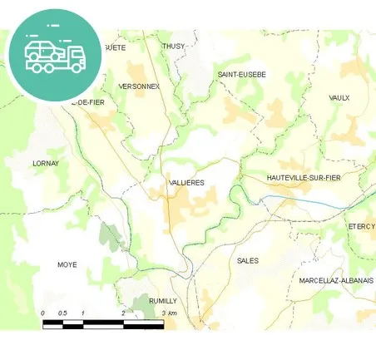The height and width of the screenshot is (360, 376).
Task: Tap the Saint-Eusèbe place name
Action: coord(241,74)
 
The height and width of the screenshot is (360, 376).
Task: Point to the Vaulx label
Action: coord(339,97)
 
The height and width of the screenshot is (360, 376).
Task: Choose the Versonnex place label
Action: coord(139,86)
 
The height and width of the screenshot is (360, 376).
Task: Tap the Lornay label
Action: coord(46,164)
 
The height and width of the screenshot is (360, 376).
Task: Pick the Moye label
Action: coord(67,264)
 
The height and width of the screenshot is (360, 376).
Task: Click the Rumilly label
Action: coord(162,300)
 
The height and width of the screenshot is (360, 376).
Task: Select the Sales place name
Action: coord(247,260)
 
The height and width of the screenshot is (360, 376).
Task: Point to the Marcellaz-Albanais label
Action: coord(336,280)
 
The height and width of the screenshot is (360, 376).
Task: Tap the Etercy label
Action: coord(362,226)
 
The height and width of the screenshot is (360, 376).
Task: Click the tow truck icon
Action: coord(55,55)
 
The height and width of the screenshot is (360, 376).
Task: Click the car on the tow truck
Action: coord(41,49)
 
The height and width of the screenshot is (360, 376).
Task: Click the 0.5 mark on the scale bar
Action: coord(62,313)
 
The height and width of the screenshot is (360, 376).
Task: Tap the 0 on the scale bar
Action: coord(43,313)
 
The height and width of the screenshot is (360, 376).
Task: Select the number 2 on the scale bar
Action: coord(123,313)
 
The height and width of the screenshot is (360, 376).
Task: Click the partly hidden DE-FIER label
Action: coord(89,101)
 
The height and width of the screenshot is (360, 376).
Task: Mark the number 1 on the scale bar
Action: coord(83,313)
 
